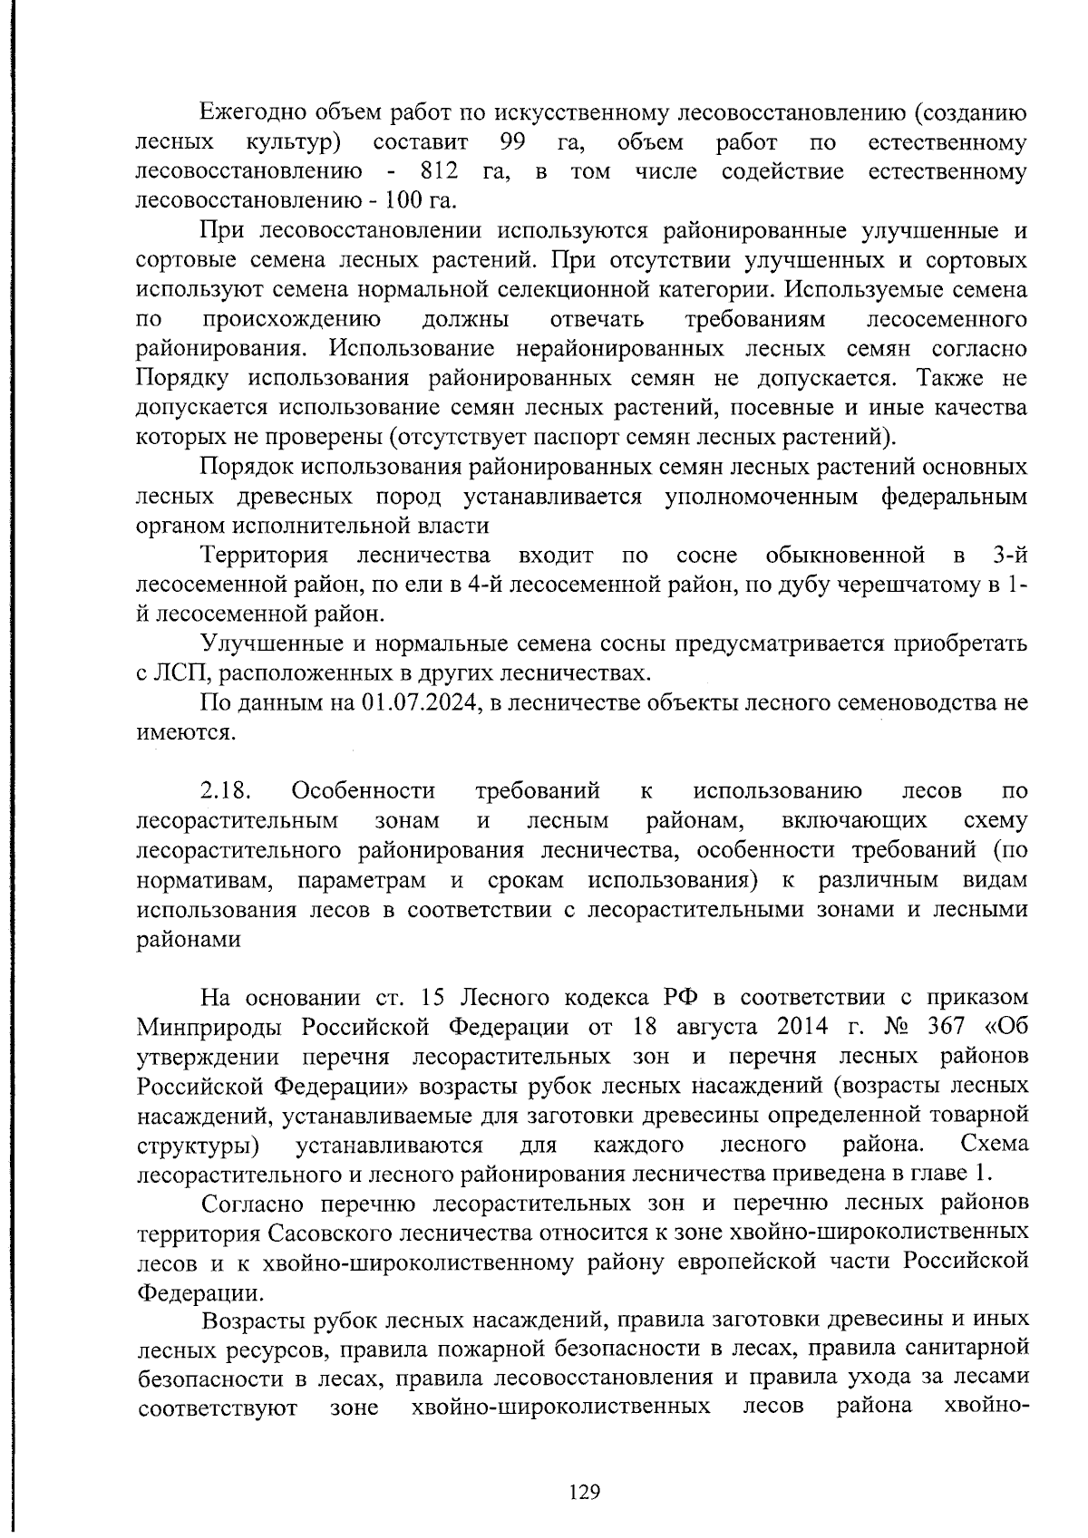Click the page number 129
(x=585, y=1492)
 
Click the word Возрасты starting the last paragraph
(x=256, y=1320)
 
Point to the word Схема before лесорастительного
(x=995, y=1145)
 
